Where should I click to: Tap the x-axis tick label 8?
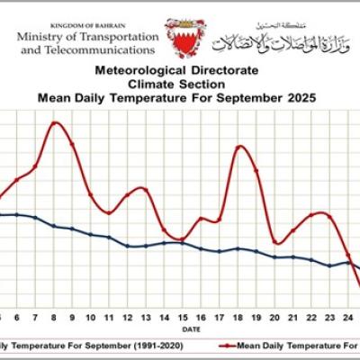point(54,317)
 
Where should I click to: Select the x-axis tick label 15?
point(183,317)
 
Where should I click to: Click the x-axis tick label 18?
point(238,317)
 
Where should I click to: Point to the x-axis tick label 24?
point(349,317)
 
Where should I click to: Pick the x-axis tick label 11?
point(110,317)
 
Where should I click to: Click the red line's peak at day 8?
point(55,122)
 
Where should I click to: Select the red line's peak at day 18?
point(239,146)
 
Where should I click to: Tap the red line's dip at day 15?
point(183,238)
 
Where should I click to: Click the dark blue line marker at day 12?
point(128,246)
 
